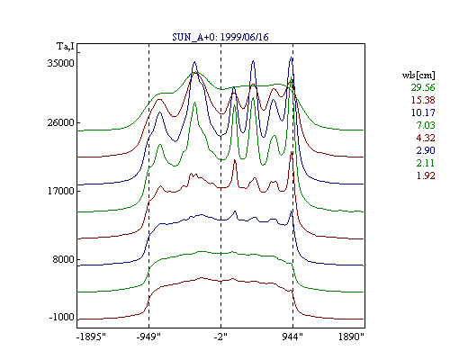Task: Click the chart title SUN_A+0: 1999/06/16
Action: pyautogui.click(x=220, y=37)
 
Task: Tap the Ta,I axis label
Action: pyautogui.click(x=66, y=46)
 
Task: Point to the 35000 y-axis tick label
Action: pyautogui.click(x=61, y=63)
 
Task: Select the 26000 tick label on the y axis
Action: pyautogui.click(x=61, y=122)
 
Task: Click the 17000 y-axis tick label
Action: pyautogui.click(x=61, y=191)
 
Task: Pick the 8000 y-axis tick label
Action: pyautogui.click(x=63, y=259)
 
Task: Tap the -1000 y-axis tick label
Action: pyautogui.click(x=62, y=317)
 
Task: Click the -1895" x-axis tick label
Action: pyautogui.click(x=91, y=337)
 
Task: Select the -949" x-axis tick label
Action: pyautogui.click(x=148, y=337)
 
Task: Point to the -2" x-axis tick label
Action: pyautogui.click(x=220, y=337)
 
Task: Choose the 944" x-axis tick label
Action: pyautogui.click(x=292, y=337)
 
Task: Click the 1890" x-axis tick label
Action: pyautogui.click(x=351, y=337)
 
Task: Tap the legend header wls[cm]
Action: pyautogui.click(x=418, y=75)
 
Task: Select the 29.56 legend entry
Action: pyautogui.click(x=423, y=87)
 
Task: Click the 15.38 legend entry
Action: pyautogui.click(x=423, y=100)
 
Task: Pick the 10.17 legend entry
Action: pyautogui.click(x=423, y=112)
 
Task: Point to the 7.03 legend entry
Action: pyautogui.click(x=426, y=125)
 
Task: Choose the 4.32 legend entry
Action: pyautogui.click(x=426, y=138)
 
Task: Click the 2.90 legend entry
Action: pyautogui.click(x=426, y=150)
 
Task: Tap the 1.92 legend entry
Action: pyautogui.click(x=426, y=175)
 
